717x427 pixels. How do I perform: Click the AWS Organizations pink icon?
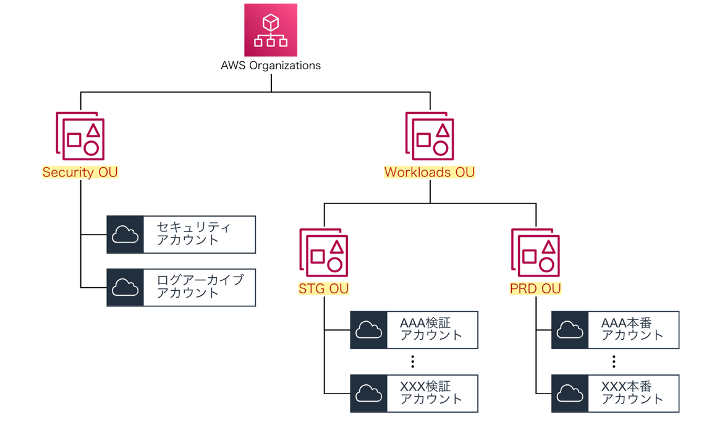tap(271, 30)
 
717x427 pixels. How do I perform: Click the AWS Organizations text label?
tap(271, 65)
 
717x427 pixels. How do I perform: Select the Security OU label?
tap(80, 172)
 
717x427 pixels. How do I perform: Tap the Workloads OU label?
tap(430, 172)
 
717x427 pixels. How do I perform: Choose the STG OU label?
tap(323, 288)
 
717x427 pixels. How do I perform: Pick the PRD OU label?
tap(535, 288)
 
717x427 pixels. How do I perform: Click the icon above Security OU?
tap(80, 136)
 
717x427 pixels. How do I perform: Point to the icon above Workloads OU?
tap(430, 136)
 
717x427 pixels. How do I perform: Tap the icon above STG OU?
tap(324, 252)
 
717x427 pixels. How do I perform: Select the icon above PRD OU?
tap(535, 252)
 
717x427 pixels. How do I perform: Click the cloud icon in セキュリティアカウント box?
tap(125, 235)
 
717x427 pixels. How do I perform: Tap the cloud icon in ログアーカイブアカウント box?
tap(125, 288)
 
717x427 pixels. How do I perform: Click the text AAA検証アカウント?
tap(431, 329)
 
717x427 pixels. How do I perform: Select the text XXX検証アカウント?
tap(431, 393)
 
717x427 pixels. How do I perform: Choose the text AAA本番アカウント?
tap(632, 329)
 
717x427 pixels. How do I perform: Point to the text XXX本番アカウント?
tap(632, 393)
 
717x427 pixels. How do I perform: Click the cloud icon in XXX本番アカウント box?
tap(570, 394)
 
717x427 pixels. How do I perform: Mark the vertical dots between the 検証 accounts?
tap(413, 361)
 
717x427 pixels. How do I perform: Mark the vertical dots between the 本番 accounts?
tap(614, 361)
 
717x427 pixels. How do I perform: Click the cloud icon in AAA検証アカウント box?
tap(369, 330)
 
